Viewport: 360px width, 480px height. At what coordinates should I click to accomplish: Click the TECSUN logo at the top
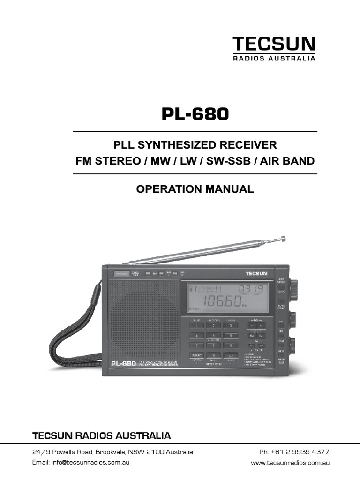(x=275, y=45)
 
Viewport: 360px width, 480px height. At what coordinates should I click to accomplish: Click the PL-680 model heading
(x=195, y=114)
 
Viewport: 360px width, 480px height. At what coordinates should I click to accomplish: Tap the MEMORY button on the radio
(x=196, y=356)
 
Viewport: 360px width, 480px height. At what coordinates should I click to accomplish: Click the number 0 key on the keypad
(x=214, y=356)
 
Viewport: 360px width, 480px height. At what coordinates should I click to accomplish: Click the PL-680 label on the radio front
(x=124, y=363)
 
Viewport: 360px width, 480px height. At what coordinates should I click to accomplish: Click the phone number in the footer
(x=294, y=452)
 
